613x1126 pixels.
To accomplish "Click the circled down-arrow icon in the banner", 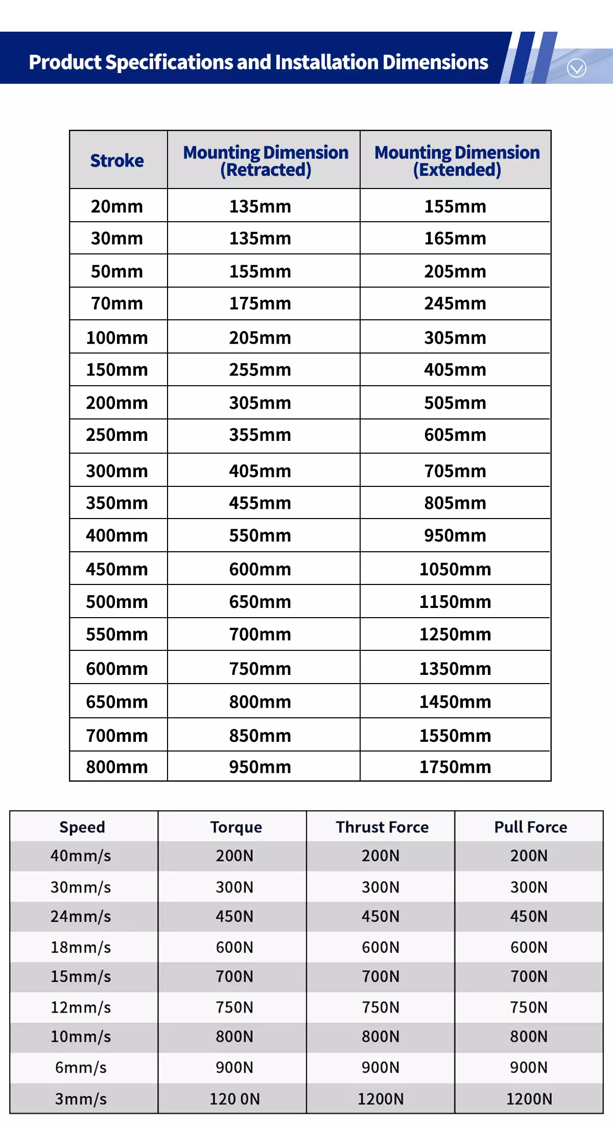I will (576, 68).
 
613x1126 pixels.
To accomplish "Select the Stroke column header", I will (117, 160).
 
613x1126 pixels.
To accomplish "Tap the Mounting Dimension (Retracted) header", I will (266, 160).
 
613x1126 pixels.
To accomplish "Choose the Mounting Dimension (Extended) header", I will (457, 160).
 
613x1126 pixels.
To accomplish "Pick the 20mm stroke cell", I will (117, 206).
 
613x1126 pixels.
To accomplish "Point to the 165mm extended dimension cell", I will (455, 239).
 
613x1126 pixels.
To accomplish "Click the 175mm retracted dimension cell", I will (260, 303).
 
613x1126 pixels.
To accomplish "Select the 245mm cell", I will (455, 303).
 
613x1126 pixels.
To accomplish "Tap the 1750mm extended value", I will (455, 767).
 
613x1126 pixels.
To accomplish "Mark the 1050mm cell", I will (455, 569).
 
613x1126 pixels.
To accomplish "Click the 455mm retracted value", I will (260, 503).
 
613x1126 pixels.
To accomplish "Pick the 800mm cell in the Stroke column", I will (117, 767).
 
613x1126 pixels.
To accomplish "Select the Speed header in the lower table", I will (82, 827).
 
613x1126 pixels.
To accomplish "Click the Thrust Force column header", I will (382, 827).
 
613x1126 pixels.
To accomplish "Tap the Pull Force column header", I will (530, 827).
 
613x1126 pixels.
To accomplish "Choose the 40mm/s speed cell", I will (81, 856).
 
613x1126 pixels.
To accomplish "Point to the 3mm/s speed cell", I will (81, 1099).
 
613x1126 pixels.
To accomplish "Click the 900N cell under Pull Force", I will (529, 1067).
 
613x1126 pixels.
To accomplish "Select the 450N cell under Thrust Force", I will (381, 917).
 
